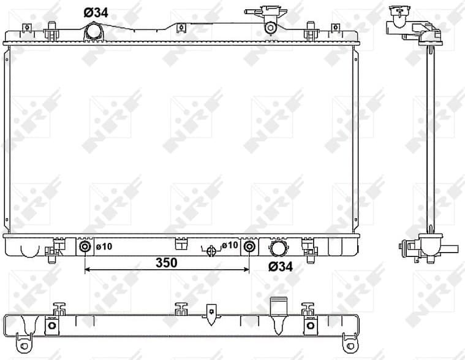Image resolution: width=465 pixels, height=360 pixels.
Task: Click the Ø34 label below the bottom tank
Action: pos(281,267)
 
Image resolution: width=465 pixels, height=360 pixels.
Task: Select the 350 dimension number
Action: pos(166,262)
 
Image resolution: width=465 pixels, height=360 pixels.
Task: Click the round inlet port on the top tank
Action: pos(93,30)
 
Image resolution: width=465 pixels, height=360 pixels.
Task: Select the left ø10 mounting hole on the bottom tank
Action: pos(85,247)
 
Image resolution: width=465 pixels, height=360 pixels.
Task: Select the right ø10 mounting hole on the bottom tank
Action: pos(249,247)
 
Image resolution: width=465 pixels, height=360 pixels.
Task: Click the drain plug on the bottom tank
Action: pos(211,250)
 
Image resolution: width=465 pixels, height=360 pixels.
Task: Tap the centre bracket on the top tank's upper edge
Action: pos(180,28)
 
